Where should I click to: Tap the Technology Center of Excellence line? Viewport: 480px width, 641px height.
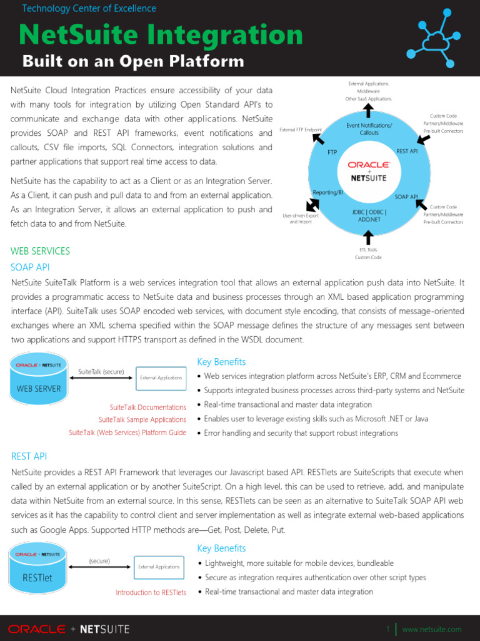click(89, 9)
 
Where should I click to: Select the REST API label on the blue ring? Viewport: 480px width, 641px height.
click(407, 151)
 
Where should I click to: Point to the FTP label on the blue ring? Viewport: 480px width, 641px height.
click(332, 152)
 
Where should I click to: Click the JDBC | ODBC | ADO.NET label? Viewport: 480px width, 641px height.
click(369, 216)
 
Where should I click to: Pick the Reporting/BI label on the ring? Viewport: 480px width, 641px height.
click(328, 192)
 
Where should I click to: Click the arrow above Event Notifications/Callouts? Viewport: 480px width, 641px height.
click(369, 111)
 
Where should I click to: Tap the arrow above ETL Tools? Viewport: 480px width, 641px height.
click(369, 237)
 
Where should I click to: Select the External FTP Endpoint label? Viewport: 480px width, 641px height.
click(301, 130)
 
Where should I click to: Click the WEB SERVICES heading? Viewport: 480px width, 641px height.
click(41, 251)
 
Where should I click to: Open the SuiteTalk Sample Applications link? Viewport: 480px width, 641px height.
click(142, 419)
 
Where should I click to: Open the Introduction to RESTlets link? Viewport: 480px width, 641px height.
click(151, 592)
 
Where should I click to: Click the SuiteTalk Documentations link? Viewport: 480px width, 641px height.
click(147, 407)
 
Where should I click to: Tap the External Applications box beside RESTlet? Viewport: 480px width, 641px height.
click(159, 567)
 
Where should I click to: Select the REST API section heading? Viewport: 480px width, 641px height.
click(29, 456)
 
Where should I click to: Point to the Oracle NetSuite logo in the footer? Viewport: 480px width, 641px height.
click(69, 628)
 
